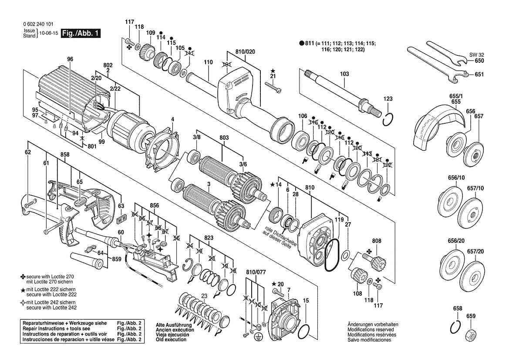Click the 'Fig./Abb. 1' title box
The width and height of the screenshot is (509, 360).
[81, 33]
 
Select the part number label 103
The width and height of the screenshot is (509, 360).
[344, 74]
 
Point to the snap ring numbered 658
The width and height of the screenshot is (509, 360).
[456, 326]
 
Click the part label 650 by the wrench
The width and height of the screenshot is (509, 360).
[479, 61]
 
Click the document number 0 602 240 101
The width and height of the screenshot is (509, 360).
[38, 24]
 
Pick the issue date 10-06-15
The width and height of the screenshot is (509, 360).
[47, 33]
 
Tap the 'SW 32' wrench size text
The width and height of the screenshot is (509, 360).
[476, 55]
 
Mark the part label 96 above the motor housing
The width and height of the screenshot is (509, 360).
[70, 59]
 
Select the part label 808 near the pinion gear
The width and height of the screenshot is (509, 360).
[377, 241]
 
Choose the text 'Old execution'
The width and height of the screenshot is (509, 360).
[171, 340]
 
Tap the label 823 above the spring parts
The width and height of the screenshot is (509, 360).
[209, 238]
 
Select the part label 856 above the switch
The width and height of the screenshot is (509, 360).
[155, 206]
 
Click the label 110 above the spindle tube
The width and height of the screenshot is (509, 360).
[209, 62]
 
